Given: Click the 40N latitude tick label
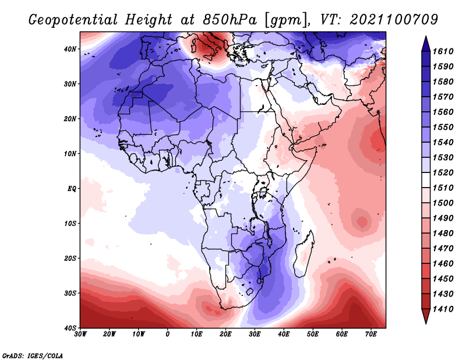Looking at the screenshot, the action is [x=70, y=49].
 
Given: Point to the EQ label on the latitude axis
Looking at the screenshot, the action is [x=72, y=189].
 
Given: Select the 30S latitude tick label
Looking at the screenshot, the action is [x=70, y=294].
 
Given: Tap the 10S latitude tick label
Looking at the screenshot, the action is [x=70, y=224].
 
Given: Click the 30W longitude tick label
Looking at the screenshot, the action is [x=80, y=334].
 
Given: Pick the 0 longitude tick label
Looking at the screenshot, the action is [x=168, y=334].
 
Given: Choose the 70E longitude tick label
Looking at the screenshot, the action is [x=371, y=334].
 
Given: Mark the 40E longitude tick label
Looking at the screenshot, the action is [x=284, y=334].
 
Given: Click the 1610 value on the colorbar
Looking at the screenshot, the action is [x=443, y=51].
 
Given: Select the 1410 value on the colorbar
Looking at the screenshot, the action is [x=443, y=309].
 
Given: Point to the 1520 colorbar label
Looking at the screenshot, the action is [x=443, y=172].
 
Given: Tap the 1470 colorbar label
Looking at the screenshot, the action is [x=443, y=249].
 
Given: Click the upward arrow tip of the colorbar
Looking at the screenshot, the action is [x=426, y=36].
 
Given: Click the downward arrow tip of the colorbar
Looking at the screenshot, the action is [x=426, y=323].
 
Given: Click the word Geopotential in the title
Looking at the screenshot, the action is [x=73, y=20].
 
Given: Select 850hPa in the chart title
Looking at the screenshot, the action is [x=230, y=20].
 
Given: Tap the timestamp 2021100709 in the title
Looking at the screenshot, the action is [x=394, y=19].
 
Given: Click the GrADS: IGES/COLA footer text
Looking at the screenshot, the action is [x=33, y=355].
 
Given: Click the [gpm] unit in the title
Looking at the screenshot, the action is [x=287, y=20].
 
